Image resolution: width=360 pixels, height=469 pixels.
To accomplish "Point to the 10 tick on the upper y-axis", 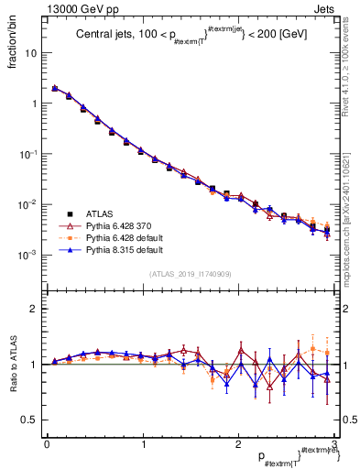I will coord(34,53).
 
